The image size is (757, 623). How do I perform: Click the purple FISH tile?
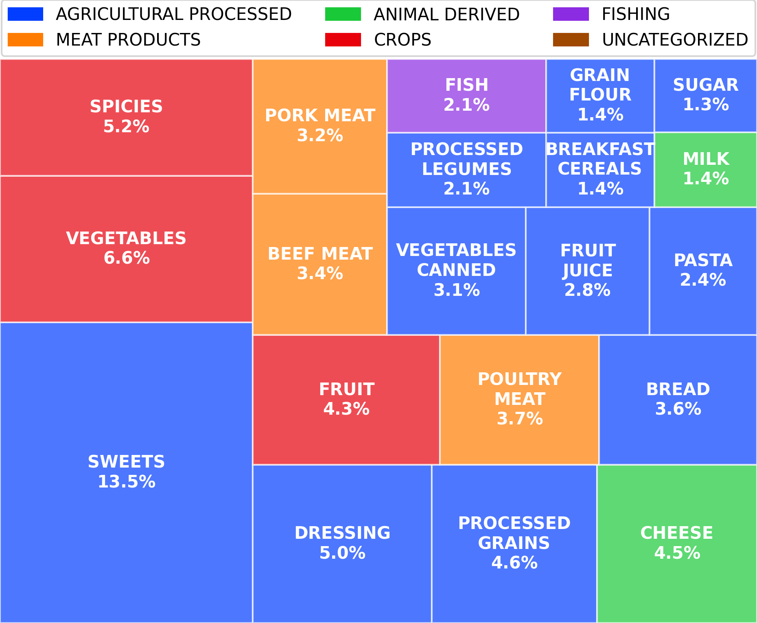pyautogui.click(x=466, y=96)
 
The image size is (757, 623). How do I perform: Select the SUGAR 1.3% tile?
pyautogui.click(x=705, y=95)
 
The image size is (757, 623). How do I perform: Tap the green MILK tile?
pyautogui.click(x=705, y=169)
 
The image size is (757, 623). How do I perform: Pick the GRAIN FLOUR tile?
pyautogui.click(x=600, y=95)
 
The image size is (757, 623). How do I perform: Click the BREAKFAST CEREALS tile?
pyautogui.click(x=600, y=169)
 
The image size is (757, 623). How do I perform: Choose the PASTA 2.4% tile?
pyautogui.click(x=703, y=271)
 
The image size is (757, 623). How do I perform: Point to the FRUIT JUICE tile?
pyautogui.click(x=587, y=271)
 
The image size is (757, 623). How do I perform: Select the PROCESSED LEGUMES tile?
pyautogui.click(x=466, y=169)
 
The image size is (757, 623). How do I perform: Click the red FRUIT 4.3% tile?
pyautogui.click(x=346, y=399)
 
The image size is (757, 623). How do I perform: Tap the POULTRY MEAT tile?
pyautogui.click(x=519, y=399)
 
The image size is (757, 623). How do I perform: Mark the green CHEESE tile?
pyautogui.click(x=676, y=543)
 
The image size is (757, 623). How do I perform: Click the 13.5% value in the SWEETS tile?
pyautogui.click(x=127, y=482)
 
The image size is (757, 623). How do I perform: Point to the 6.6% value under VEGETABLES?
pyautogui.click(x=127, y=258)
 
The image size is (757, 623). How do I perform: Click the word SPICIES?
pyautogui.click(x=126, y=107)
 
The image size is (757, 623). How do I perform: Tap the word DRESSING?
pyautogui.click(x=342, y=533)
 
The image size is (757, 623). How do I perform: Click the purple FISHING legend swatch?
pyautogui.click(x=571, y=14)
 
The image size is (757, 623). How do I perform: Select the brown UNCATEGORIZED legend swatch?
pyautogui.click(x=571, y=40)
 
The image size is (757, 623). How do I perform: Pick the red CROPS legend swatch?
pyautogui.click(x=343, y=40)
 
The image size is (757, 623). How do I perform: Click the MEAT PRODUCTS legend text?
pyautogui.click(x=128, y=40)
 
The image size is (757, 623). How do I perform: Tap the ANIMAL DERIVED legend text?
pyautogui.click(x=446, y=14)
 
